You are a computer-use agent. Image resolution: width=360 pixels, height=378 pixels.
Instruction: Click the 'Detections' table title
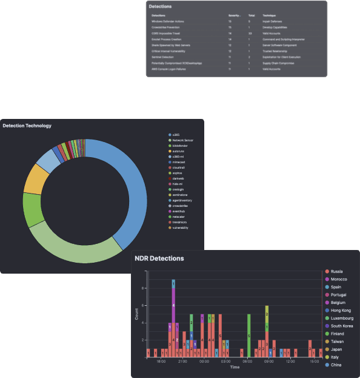(160, 6)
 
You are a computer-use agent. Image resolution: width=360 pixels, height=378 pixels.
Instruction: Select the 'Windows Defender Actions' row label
(168, 21)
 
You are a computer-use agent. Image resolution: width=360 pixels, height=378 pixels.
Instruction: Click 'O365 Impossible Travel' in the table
(167, 33)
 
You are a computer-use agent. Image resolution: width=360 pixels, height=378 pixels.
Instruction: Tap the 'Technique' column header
(268, 15)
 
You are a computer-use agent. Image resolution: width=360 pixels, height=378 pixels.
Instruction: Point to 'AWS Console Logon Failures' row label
(170, 69)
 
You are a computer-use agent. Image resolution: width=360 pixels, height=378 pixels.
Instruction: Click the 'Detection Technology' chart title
(27, 126)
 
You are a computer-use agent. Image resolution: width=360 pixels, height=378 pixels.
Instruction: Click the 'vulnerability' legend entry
(180, 228)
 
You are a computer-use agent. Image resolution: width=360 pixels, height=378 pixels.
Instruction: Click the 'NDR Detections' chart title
(159, 258)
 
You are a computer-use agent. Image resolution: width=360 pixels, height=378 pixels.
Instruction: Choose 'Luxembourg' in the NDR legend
(342, 318)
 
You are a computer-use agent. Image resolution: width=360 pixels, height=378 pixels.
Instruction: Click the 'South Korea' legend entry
(343, 326)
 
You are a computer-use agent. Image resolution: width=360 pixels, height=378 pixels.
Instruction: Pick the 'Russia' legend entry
(337, 271)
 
